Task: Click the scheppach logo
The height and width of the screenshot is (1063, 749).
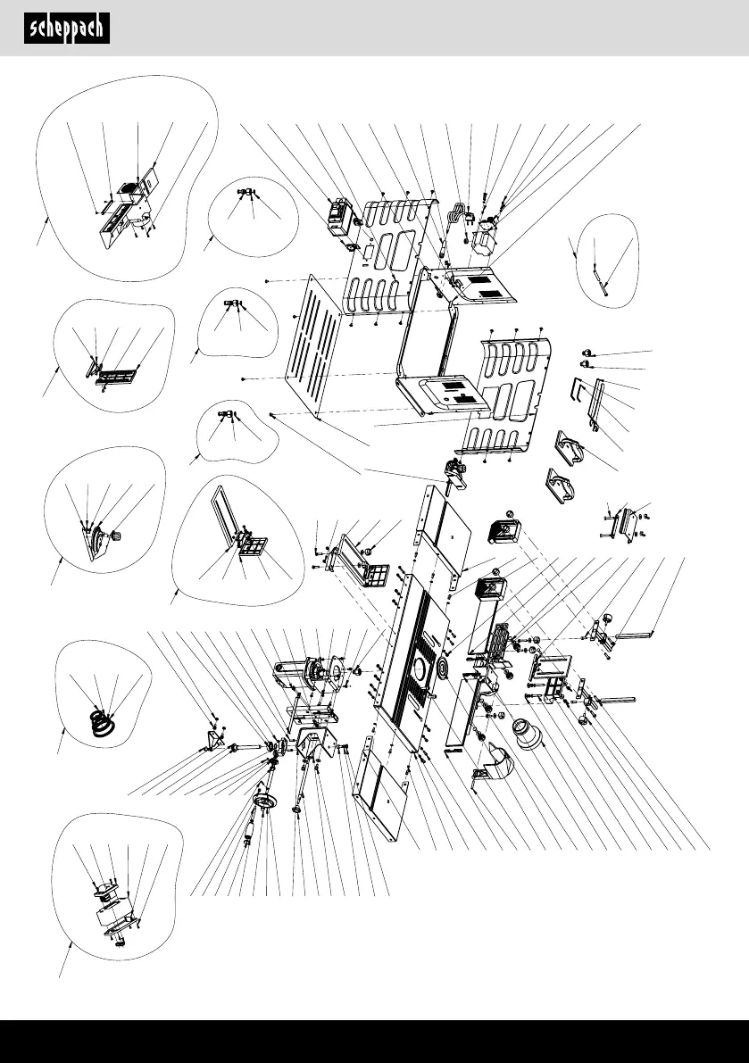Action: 67,29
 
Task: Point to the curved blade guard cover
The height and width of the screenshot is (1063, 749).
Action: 491,768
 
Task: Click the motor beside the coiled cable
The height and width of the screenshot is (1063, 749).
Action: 488,230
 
